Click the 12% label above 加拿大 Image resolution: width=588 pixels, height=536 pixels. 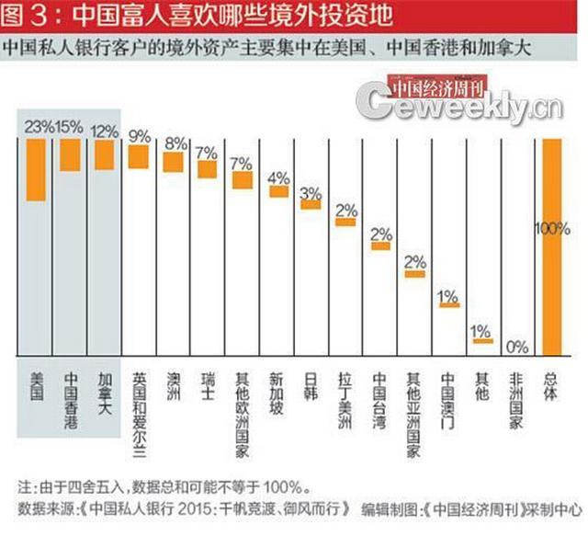(x=103, y=131)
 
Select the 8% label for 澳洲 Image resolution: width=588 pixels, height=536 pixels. (x=174, y=143)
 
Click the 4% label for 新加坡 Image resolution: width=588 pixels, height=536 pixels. (x=278, y=177)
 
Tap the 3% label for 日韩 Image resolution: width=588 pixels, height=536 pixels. (x=311, y=192)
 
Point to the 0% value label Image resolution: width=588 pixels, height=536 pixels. (x=517, y=347)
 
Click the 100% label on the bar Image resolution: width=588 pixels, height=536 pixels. (x=552, y=229)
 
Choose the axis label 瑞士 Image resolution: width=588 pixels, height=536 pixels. (x=208, y=386)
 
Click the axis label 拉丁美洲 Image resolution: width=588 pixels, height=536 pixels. (x=345, y=402)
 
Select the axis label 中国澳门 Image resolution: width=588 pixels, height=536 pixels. (x=448, y=402)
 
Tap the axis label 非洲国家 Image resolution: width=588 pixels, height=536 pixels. (x=516, y=402)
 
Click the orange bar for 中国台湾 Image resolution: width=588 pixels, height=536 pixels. (x=380, y=245)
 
